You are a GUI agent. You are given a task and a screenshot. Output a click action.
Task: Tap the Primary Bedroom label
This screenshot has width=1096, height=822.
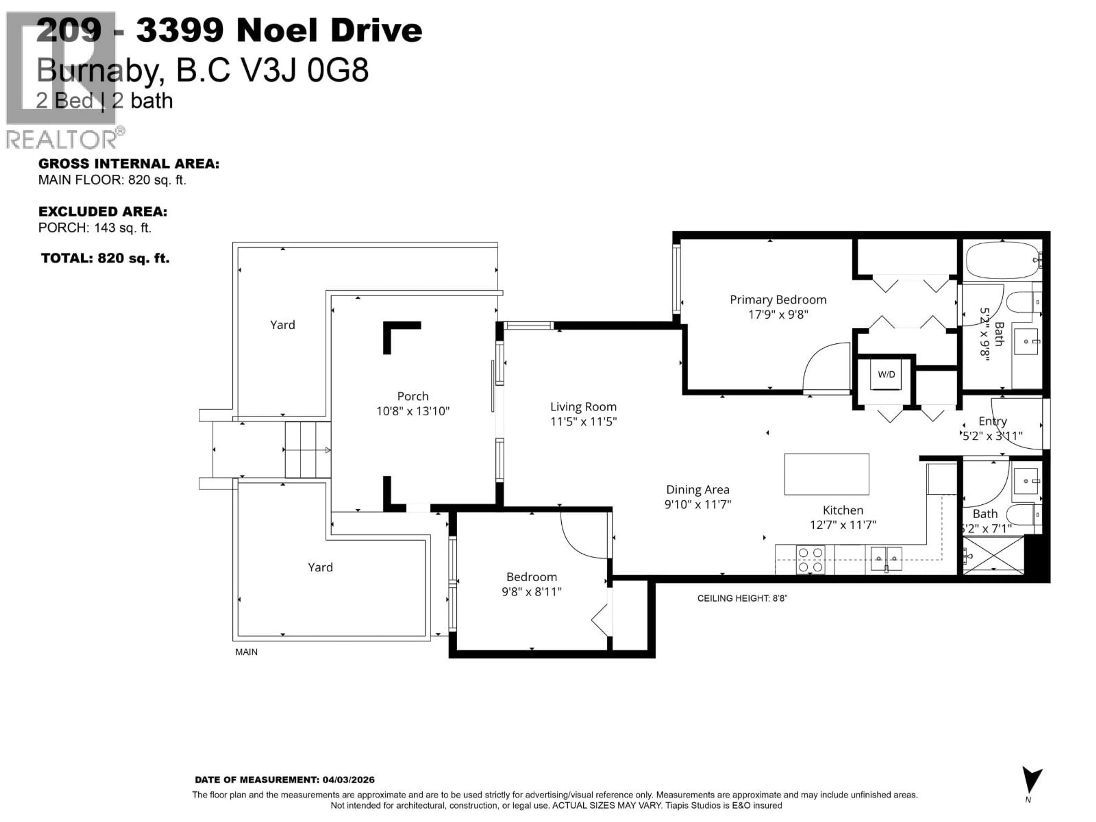point(778,300)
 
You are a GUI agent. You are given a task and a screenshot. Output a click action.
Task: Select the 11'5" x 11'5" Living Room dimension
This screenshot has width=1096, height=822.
point(583,422)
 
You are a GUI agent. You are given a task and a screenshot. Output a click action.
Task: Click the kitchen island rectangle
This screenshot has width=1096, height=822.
point(827,474)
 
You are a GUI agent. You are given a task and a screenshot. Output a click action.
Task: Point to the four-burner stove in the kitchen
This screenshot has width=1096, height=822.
point(810,560)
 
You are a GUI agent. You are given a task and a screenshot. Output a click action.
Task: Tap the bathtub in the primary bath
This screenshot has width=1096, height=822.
point(1002,261)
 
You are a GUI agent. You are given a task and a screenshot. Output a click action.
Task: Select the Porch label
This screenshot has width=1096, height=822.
point(413,396)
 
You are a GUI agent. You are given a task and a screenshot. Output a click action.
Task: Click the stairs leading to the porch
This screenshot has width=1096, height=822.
point(308,450)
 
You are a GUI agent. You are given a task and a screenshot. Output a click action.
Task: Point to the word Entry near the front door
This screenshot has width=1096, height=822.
point(992,421)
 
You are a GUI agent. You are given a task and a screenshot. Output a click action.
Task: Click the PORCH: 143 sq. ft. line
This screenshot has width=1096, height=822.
point(95,228)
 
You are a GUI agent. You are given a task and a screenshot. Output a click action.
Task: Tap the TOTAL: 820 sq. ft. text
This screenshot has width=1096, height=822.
point(105,258)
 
